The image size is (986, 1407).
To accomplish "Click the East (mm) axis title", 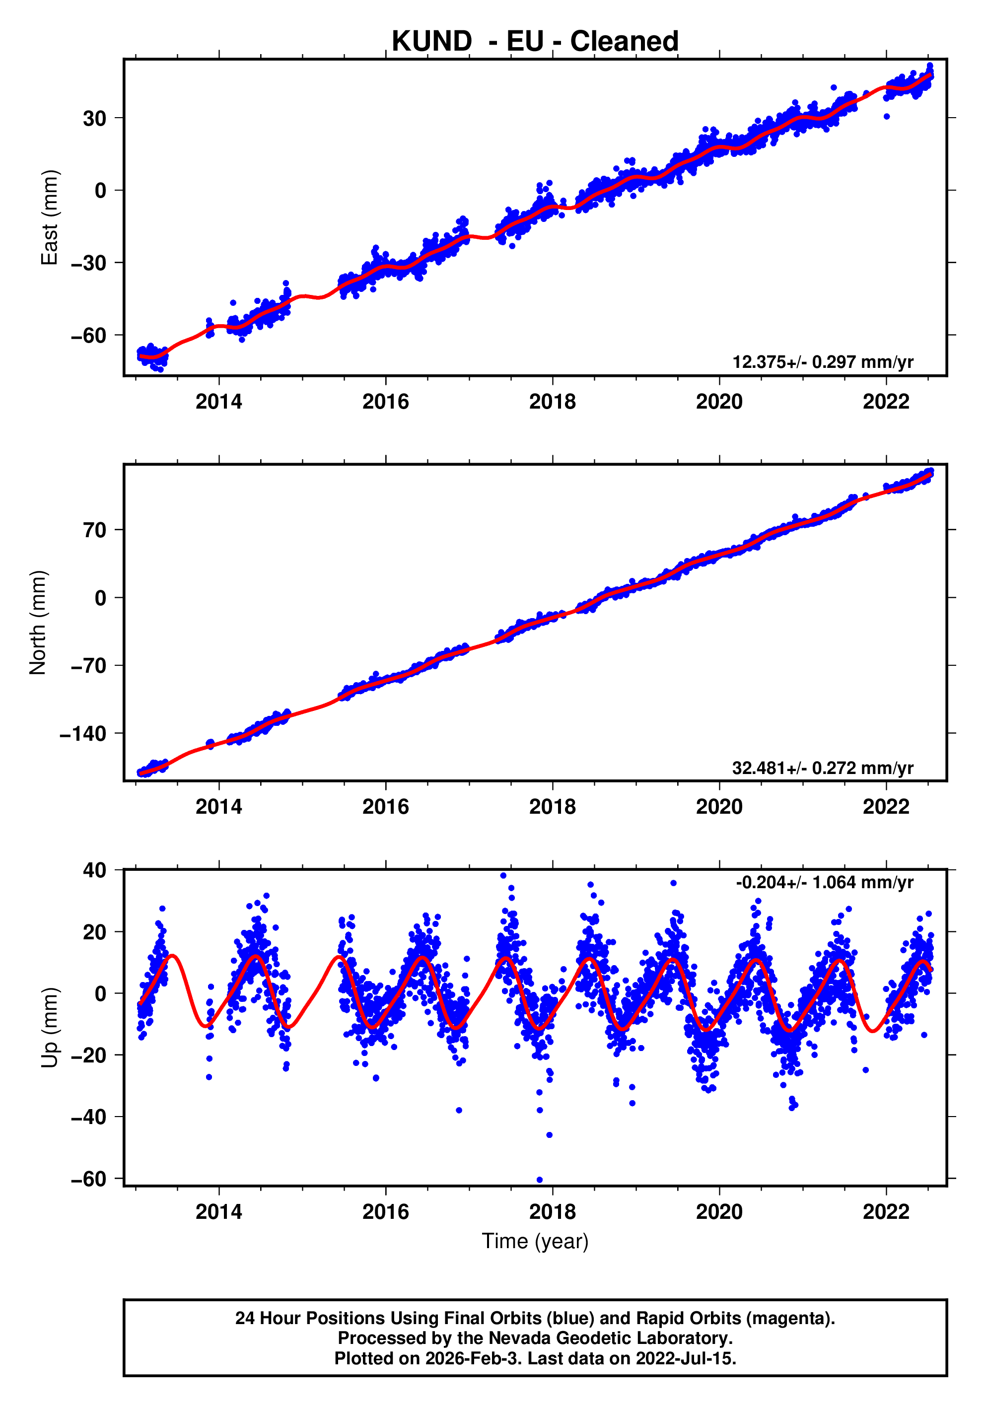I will tap(49, 217).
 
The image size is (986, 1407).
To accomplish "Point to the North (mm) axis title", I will tap(38, 623).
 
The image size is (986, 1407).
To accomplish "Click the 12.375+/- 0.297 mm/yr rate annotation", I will tap(822, 362).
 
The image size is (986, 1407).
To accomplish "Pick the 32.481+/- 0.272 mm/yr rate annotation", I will tap(822, 768).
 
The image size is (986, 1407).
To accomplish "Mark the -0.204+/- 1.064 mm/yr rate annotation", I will tap(824, 882).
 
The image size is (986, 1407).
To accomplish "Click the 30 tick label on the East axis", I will tap(94, 118).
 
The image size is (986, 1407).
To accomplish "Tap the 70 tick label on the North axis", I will tap(94, 530).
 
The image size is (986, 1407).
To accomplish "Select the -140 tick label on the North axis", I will tap(83, 733).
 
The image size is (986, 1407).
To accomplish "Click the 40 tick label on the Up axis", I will tap(94, 870).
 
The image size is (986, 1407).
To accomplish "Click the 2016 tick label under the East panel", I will tap(385, 402).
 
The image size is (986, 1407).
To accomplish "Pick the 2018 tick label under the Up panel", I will tap(552, 1211).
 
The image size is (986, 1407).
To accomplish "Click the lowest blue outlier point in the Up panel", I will tap(539, 1180).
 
